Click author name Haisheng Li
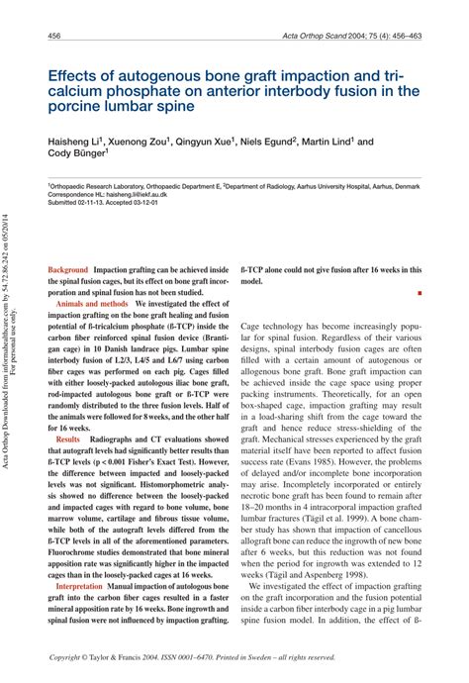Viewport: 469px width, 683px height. pyautogui.click(x=78, y=143)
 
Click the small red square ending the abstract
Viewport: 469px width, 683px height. pyautogui.click(x=420, y=294)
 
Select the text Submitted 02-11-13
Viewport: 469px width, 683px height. pyautogui.click(x=79, y=204)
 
